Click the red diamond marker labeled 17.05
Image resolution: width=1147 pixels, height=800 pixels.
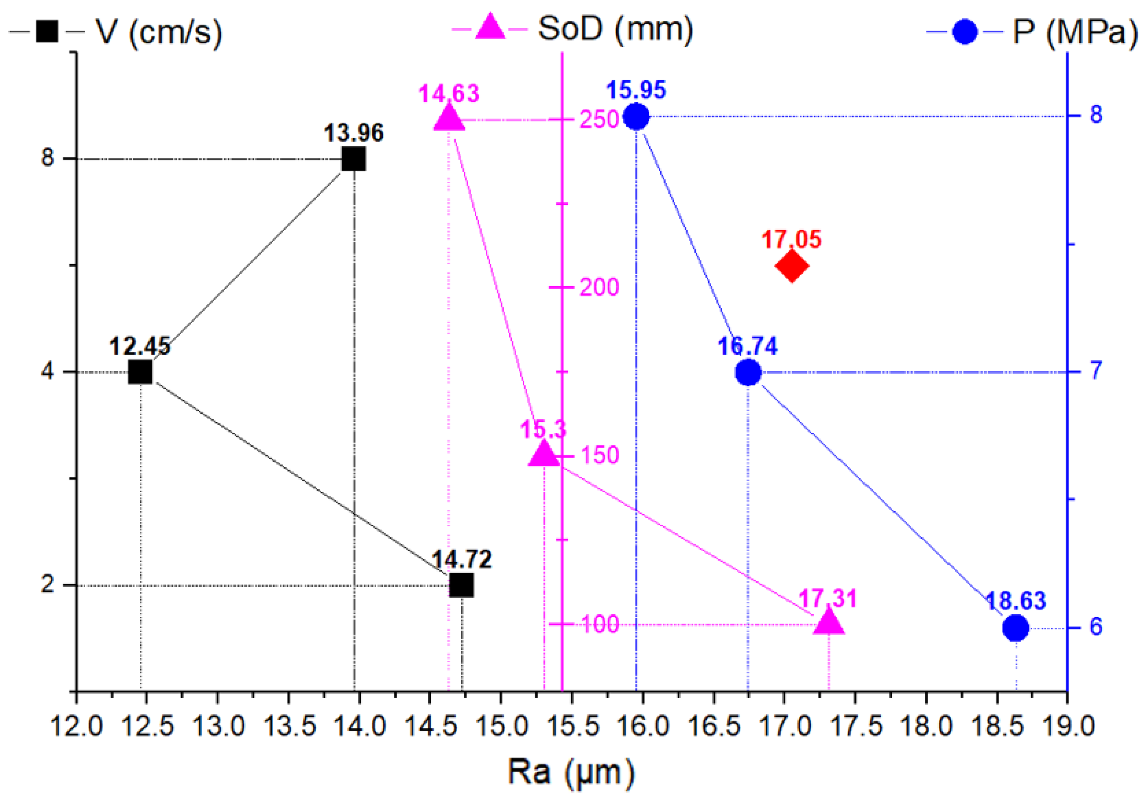click(x=792, y=266)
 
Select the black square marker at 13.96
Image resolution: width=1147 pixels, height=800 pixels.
click(x=354, y=160)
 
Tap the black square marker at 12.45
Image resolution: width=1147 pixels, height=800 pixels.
click(x=140, y=372)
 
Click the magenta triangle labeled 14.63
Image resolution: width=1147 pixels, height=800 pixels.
click(x=449, y=118)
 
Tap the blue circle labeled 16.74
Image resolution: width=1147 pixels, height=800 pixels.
click(x=748, y=372)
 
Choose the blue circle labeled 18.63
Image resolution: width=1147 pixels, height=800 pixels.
click(x=1016, y=628)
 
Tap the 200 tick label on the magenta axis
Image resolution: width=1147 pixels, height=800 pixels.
click(x=599, y=287)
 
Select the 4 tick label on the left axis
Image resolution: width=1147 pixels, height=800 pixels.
click(x=47, y=371)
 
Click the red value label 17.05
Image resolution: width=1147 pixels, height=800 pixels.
click(x=791, y=240)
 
